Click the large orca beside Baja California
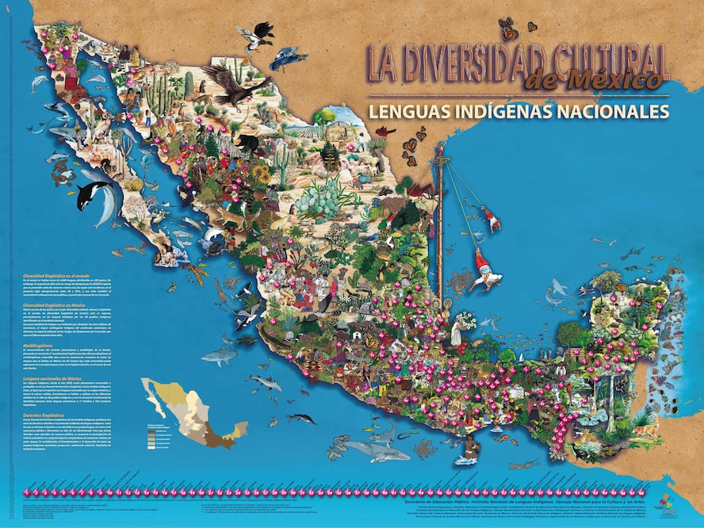pyautogui.click(x=95, y=193)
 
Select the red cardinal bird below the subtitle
pyautogui.click(x=386, y=131)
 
